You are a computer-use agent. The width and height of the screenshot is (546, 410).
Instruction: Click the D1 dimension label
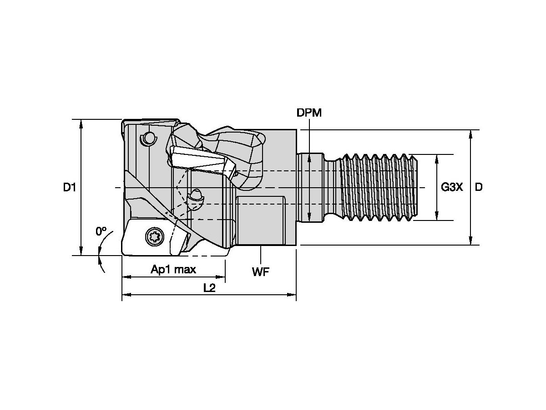[69, 187]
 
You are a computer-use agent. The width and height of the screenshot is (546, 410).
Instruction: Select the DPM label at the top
[309, 113]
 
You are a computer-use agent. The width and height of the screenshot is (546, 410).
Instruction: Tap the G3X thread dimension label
[452, 187]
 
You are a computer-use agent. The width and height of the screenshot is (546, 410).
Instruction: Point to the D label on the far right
[479, 187]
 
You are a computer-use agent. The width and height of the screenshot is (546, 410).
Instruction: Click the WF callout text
[261, 272]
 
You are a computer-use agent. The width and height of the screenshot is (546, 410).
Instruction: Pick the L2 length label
[209, 288]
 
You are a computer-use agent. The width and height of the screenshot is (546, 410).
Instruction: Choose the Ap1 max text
[173, 269]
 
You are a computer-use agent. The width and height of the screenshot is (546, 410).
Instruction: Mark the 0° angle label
[101, 231]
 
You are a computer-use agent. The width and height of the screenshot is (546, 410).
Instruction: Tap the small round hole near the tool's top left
[148, 138]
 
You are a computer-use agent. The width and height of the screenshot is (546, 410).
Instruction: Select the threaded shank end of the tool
[378, 187]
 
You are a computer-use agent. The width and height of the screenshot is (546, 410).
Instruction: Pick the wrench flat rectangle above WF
[261, 221]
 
